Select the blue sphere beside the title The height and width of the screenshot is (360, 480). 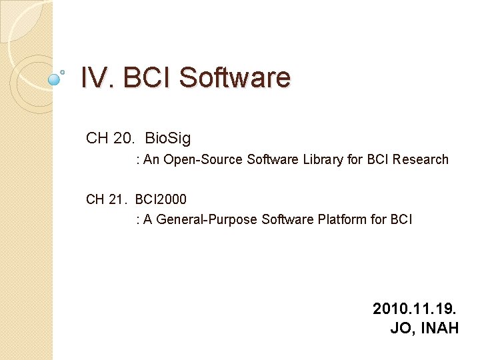[x=55, y=79]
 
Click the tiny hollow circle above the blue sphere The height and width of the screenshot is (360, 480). [x=63, y=71]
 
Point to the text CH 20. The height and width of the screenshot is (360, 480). [x=110, y=139]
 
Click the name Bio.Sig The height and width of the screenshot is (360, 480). [x=167, y=139]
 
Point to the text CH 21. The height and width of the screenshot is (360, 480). [x=107, y=199]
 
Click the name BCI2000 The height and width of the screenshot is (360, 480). [x=161, y=199]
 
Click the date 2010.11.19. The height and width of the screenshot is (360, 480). [x=415, y=309]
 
